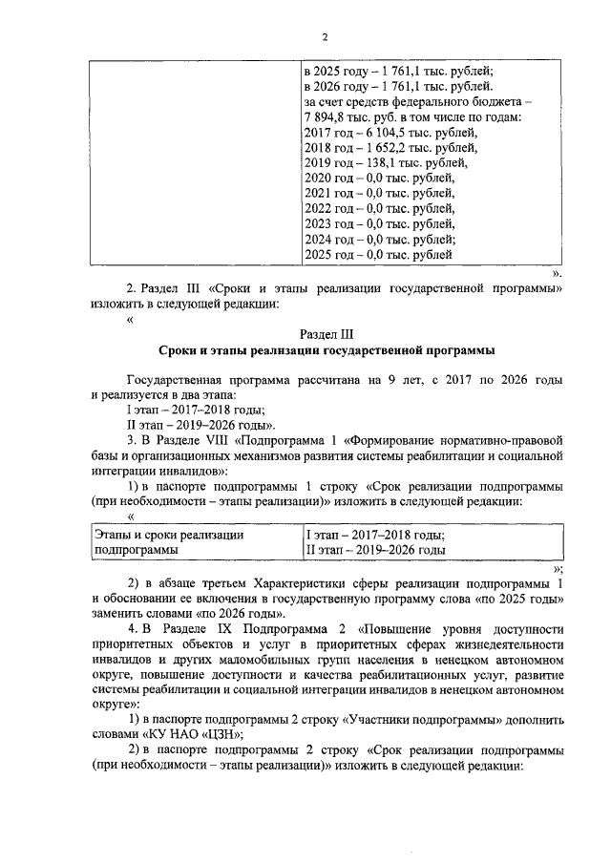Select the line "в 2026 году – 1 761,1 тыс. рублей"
coord(384,87)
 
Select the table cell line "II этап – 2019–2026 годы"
coord(374,551)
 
